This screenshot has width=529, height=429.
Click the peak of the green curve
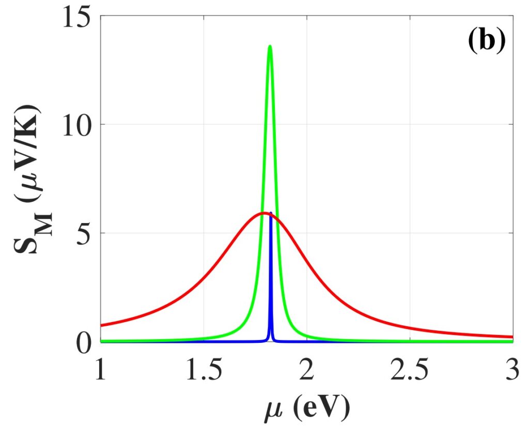270,46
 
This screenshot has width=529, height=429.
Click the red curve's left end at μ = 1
101,325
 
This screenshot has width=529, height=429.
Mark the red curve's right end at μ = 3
512,337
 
